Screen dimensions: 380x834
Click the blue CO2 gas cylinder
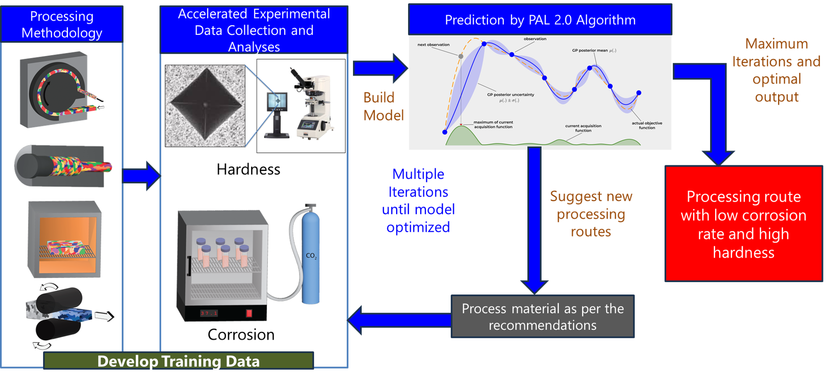pos(311,257)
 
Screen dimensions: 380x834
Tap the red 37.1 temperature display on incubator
pos(209,313)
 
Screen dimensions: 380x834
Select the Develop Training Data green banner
pos(179,361)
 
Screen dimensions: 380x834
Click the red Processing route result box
pos(744,224)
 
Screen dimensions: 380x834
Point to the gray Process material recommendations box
pos(543,317)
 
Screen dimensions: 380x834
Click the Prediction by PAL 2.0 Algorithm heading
pos(540,20)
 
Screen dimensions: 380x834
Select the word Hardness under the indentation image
pos(248,170)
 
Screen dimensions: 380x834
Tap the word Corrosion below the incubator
pos(241,335)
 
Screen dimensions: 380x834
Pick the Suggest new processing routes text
pos(591,214)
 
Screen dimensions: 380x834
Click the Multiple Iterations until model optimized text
pos(418,201)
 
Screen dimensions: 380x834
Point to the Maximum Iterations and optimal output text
pos(776,70)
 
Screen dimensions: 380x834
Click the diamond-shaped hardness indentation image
pos(205,106)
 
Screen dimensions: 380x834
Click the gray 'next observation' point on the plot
pos(461,56)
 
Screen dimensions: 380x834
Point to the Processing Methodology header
pos(62,24)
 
